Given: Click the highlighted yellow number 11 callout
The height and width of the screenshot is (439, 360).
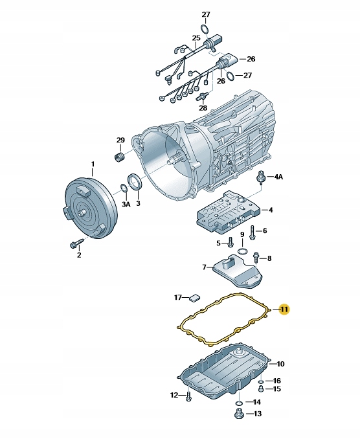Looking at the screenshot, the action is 284,310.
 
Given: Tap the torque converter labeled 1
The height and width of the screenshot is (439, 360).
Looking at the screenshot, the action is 90,208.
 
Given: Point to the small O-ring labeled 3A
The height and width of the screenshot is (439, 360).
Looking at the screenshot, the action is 124,188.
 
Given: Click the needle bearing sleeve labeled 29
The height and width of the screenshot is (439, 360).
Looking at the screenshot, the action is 120,156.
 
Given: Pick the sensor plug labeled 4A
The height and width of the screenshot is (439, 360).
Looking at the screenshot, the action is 261,177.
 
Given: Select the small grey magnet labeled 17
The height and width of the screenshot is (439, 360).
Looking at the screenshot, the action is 194,298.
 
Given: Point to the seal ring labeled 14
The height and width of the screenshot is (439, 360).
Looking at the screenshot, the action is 239,403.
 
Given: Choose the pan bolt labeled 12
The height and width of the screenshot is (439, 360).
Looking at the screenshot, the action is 188,396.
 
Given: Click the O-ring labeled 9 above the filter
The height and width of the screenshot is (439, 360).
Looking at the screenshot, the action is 242,251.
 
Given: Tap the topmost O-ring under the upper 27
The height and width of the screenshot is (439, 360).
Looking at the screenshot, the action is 205,29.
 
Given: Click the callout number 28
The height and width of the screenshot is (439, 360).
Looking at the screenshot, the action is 203,107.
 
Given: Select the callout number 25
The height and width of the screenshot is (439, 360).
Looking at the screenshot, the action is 196,38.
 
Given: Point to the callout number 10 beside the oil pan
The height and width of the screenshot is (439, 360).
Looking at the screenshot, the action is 280,364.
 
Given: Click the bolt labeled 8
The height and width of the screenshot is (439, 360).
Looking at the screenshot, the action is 256,257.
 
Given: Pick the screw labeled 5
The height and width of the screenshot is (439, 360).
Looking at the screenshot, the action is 231,242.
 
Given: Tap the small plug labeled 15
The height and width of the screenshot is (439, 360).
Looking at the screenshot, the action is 261,388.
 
